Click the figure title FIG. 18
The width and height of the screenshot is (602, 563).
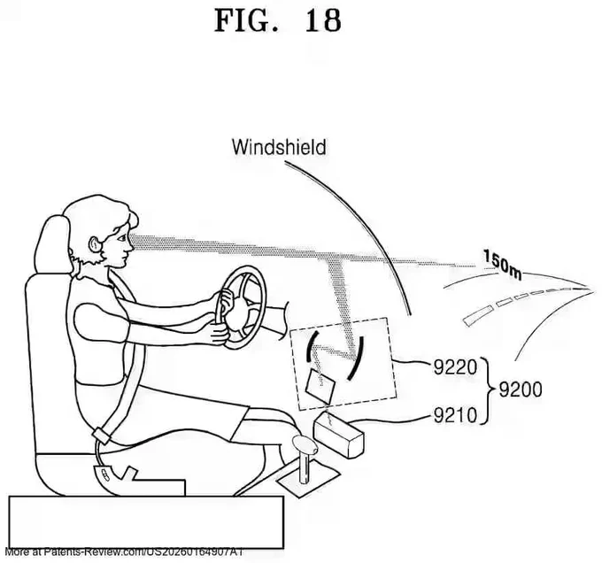click(277, 20)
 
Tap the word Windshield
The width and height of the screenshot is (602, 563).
click(279, 147)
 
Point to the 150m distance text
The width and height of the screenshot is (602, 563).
click(502, 266)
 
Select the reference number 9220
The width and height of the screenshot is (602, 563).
click(455, 366)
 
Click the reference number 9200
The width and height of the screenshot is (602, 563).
click(521, 389)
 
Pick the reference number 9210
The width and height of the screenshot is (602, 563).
click(455, 415)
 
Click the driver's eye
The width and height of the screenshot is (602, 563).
click(121, 238)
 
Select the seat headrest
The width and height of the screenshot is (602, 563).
click(52, 244)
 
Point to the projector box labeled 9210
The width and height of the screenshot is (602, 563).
click(338, 433)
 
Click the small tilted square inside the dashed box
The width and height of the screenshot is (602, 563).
click(320, 387)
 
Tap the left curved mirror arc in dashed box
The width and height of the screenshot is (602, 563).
click(311, 345)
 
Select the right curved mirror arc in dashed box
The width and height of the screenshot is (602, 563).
click(356, 358)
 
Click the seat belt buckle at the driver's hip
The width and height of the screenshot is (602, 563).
click(101, 436)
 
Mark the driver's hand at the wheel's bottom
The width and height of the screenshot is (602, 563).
click(220, 333)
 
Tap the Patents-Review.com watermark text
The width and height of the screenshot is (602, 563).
click(124, 551)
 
